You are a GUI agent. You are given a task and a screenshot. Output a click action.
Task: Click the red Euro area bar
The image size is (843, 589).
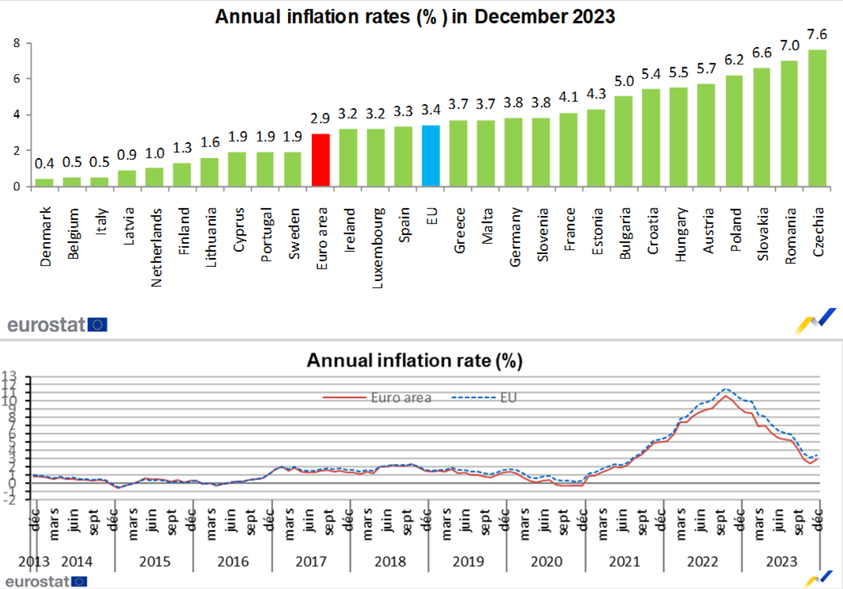click(x=320, y=160)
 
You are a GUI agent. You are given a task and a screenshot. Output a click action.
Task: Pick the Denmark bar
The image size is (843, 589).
click(x=43, y=182)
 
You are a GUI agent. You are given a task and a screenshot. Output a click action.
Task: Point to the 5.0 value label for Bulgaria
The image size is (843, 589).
click(x=624, y=82)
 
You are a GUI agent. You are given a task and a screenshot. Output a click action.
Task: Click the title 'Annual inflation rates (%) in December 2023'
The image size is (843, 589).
click(x=415, y=16)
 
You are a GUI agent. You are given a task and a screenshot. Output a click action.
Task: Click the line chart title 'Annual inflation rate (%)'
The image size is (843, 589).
click(x=415, y=361)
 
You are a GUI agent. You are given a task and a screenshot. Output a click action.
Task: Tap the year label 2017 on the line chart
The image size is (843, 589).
click(x=311, y=562)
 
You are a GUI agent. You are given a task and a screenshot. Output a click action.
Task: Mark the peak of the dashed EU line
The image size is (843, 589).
click(x=727, y=389)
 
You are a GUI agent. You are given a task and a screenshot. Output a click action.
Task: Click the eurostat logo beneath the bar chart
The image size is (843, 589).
click(x=57, y=324)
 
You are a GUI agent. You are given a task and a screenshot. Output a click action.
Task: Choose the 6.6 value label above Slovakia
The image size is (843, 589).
click(x=763, y=53)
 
